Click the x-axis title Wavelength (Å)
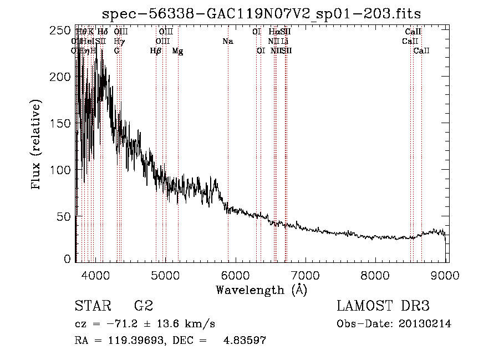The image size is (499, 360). point(261,290)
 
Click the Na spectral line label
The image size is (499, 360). point(227,42)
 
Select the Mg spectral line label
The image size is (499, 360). point(178,51)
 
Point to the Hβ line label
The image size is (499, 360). point(156,51)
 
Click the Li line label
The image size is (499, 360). point(284,42)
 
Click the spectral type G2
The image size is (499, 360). point(144,306)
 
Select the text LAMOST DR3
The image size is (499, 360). point(383,306)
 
